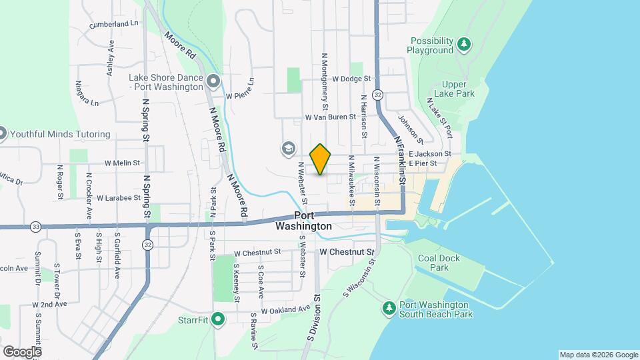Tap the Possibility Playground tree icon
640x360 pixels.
[x=464, y=45]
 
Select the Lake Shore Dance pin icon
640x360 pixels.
[x=213, y=81]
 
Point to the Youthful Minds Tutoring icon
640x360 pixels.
[x=2, y=133]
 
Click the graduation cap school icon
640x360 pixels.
[x=289, y=148]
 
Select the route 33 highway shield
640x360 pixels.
[x=35, y=227]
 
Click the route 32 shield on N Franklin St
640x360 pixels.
[x=378, y=95]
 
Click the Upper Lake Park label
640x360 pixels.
[x=454, y=89]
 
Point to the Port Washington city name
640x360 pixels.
[x=303, y=221]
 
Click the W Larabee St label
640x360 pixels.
[x=118, y=198]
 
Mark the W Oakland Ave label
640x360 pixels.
[x=286, y=310]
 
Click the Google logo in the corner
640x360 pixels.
[x=21, y=351]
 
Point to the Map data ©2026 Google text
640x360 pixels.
[x=598, y=355]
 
